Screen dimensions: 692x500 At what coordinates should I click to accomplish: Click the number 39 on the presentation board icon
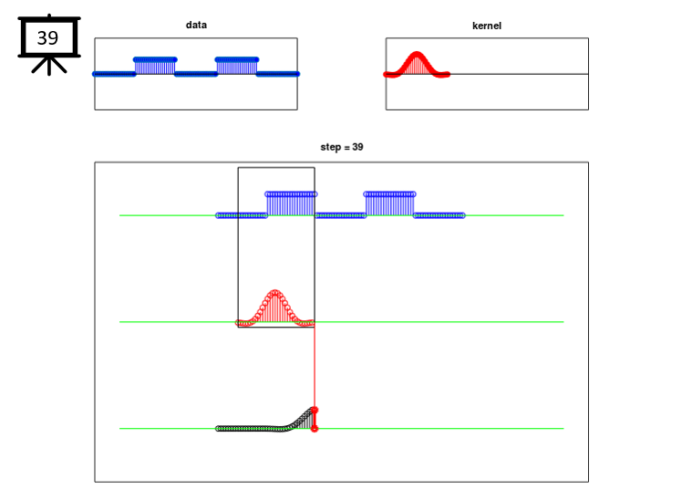[x=47, y=38]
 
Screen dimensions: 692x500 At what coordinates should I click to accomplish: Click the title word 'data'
[x=196, y=25]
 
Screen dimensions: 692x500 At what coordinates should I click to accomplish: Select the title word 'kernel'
[x=487, y=26]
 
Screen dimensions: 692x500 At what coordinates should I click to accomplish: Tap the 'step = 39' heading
[x=342, y=147]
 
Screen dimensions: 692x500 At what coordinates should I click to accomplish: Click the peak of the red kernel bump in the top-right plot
[x=417, y=54]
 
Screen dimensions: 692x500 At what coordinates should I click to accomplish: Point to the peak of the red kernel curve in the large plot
[x=275, y=292]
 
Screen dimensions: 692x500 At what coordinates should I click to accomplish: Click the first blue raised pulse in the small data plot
[x=155, y=66]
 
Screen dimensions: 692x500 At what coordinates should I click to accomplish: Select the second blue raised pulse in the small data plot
[x=237, y=66]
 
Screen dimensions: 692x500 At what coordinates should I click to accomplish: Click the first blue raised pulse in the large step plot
[x=291, y=204]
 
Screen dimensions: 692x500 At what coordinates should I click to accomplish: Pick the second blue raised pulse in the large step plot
[x=389, y=204]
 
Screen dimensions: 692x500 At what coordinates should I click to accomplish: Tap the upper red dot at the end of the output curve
[x=315, y=411]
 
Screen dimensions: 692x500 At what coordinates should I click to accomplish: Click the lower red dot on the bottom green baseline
[x=315, y=429]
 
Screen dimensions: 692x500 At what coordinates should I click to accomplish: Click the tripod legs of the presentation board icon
[x=49, y=66]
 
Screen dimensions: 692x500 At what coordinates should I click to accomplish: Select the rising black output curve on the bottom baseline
[x=300, y=420]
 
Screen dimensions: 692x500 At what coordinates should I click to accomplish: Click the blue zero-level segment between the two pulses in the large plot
[x=340, y=215]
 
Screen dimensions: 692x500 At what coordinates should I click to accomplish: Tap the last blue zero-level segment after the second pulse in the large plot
[x=439, y=215]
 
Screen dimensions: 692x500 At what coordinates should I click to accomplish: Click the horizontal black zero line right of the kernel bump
[x=519, y=74]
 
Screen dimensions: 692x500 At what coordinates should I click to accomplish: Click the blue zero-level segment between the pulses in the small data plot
[x=196, y=74]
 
